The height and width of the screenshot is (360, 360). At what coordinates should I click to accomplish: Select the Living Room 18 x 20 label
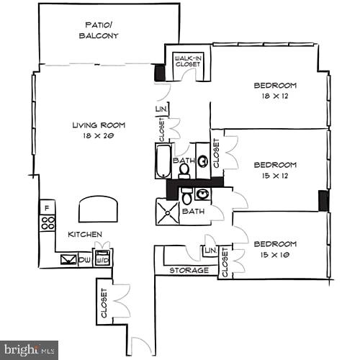pos(94,130)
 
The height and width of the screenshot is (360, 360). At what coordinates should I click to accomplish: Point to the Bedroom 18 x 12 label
pos(275,91)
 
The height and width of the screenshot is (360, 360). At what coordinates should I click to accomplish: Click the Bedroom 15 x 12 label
pos(275,170)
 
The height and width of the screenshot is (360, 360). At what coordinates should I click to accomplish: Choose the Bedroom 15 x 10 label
pos(275,249)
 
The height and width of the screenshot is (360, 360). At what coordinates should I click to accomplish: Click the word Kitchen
pos(85,235)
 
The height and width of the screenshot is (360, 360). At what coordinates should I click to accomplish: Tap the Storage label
pos(189,271)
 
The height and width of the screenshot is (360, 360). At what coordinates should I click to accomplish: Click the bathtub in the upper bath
pos(162,161)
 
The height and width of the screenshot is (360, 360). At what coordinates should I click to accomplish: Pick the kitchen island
pos(98,208)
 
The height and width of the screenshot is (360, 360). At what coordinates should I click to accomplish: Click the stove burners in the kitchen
pos(48,222)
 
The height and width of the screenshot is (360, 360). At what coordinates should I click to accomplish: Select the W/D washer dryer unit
pos(103,258)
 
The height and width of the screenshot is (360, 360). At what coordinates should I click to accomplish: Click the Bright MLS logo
pos(29,350)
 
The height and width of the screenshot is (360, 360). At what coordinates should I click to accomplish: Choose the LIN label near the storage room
pos(210,250)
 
